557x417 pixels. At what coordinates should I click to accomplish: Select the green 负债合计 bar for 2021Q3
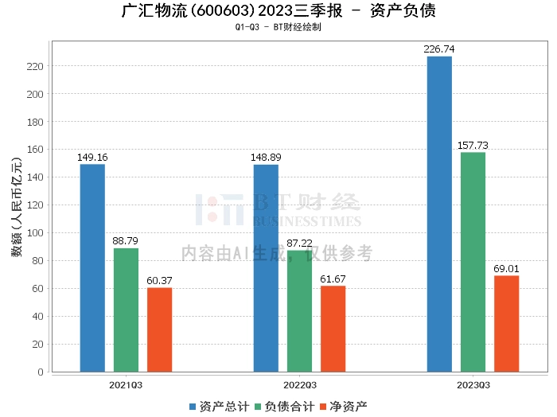(x=126, y=310)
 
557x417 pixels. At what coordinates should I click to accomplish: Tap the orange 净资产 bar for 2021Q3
(x=159, y=329)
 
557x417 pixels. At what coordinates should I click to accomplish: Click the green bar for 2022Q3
(x=299, y=310)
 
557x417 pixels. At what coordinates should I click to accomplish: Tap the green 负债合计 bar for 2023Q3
(x=473, y=262)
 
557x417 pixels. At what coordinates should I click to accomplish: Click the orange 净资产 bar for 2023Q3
(x=506, y=323)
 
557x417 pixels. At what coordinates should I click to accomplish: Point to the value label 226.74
(x=439, y=49)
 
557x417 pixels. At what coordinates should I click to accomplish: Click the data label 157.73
(x=473, y=146)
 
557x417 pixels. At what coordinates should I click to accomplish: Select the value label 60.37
(x=159, y=281)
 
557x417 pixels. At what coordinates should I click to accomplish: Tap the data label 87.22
(x=299, y=244)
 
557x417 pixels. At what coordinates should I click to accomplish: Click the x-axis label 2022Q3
(x=299, y=384)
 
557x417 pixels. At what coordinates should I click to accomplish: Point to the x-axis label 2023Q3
(x=473, y=384)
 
